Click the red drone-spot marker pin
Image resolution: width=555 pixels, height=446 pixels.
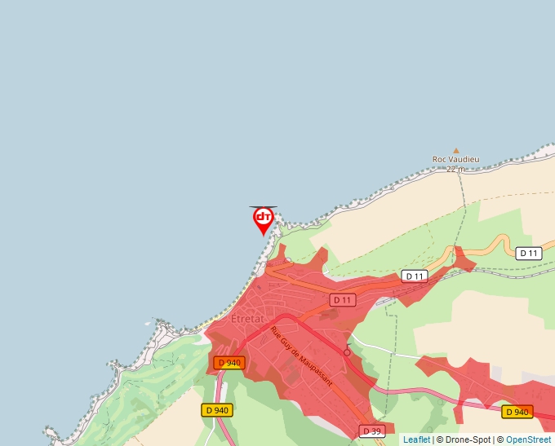(x=263, y=219)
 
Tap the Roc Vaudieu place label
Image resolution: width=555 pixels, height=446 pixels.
(x=455, y=160)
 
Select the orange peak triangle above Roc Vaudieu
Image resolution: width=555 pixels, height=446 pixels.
(x=456, y=150)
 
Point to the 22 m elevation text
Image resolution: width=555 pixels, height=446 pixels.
(x=455, y=170)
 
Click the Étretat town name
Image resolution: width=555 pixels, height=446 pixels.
(x=248, y=319)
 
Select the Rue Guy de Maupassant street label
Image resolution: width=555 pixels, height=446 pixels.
(x=302, y=356)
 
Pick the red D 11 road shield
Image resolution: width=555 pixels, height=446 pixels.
(x=344, y=300)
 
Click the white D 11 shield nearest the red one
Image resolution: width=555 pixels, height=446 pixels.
(x=415, y=276)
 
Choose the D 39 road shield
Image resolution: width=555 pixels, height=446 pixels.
(x=371, y=431)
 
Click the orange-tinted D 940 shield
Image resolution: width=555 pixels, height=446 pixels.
(x=231, y=363)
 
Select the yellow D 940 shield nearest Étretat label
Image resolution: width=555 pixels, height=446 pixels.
(x=217, y=410)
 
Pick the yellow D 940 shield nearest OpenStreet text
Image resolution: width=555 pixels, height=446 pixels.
(x=517, y=412)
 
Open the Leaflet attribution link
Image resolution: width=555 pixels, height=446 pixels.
(x=416, y=439)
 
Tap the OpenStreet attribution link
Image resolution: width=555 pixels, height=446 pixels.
(x=528, y=439)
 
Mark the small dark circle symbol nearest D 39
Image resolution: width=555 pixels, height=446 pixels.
(x=347, y=352)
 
